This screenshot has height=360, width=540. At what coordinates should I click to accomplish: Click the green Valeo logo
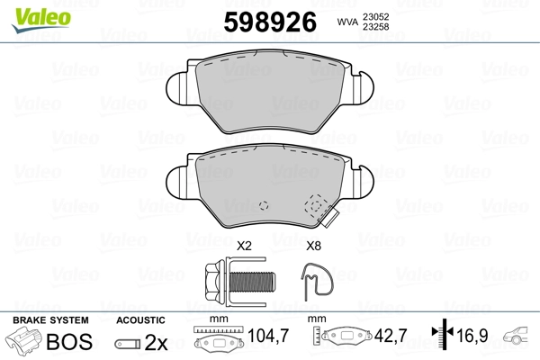[x=41, y=20]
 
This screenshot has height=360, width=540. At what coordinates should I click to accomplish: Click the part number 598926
[x=270, y=22]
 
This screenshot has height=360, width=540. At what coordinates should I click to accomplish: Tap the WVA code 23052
[x=375, y=17]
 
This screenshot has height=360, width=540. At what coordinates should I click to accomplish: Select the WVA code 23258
[x=375, y=27]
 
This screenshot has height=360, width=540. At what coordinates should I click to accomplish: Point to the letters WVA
[x=347, y=22]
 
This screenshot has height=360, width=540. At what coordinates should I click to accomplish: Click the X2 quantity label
[x=244, y=246]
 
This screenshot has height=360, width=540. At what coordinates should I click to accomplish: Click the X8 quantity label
[x=313, y=246]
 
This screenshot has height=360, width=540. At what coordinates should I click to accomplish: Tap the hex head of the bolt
[x=215, y=282]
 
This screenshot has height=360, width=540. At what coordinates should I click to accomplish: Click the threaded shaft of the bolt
[x=252, y=282]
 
